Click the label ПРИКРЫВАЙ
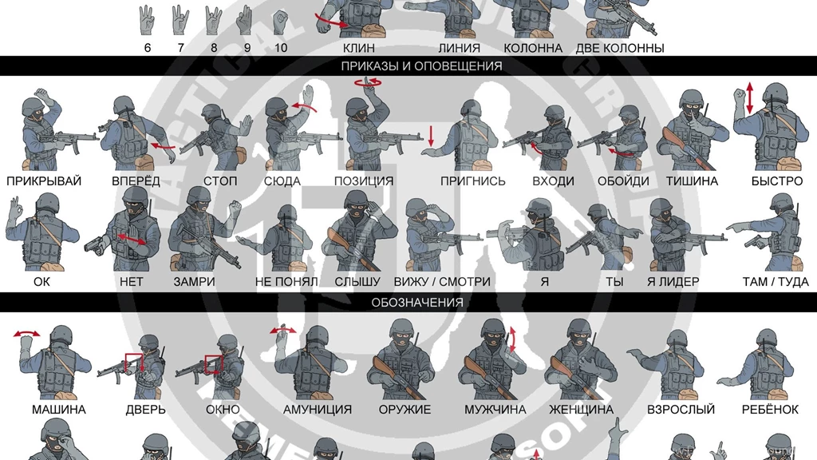(x=44, y=181)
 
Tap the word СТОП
(x=220, y=181)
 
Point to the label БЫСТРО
(x=776, y=181)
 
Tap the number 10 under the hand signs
(x=280, y=48)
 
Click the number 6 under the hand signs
(x=148, y=48)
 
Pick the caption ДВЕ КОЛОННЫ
(x=620, y=48)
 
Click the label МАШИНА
(x=58, y=410)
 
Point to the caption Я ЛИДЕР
(x=673, y=282)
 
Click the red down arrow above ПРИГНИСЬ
(x=431, y=135)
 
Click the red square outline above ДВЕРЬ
(x=133, y=363)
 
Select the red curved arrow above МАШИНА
(x=29, y=335)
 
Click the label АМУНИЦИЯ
(x=317, y=410)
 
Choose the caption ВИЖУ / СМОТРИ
(x=442, y=282)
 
